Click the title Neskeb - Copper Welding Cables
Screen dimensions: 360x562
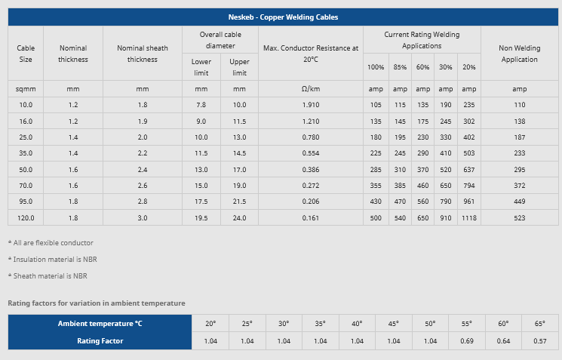(x=284, y=17)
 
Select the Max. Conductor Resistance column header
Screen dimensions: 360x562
(x=311, y=54)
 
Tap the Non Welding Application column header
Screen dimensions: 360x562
(x=519, y=54)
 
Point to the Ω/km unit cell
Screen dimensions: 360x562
(x=311, y=89)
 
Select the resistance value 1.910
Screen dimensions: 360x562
(x=311, y=104)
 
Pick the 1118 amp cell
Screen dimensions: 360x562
(x=469, y=217)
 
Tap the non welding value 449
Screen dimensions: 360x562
(x=519, y=202)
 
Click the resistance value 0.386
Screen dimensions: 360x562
(x=311, y=169)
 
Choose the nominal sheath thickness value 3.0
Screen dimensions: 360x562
(x=143, y=217)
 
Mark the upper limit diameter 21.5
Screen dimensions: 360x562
(x=239, y=202)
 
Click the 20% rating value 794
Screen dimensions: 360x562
(x=469, y=186)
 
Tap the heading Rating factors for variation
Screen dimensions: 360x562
(x=97, y=303)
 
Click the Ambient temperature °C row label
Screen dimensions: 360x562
(x=100, y=324)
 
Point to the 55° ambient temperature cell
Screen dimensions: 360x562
(x=466, y=324)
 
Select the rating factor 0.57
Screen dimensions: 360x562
(x=539, y=340)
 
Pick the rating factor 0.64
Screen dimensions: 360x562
(x=502, y=340)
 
